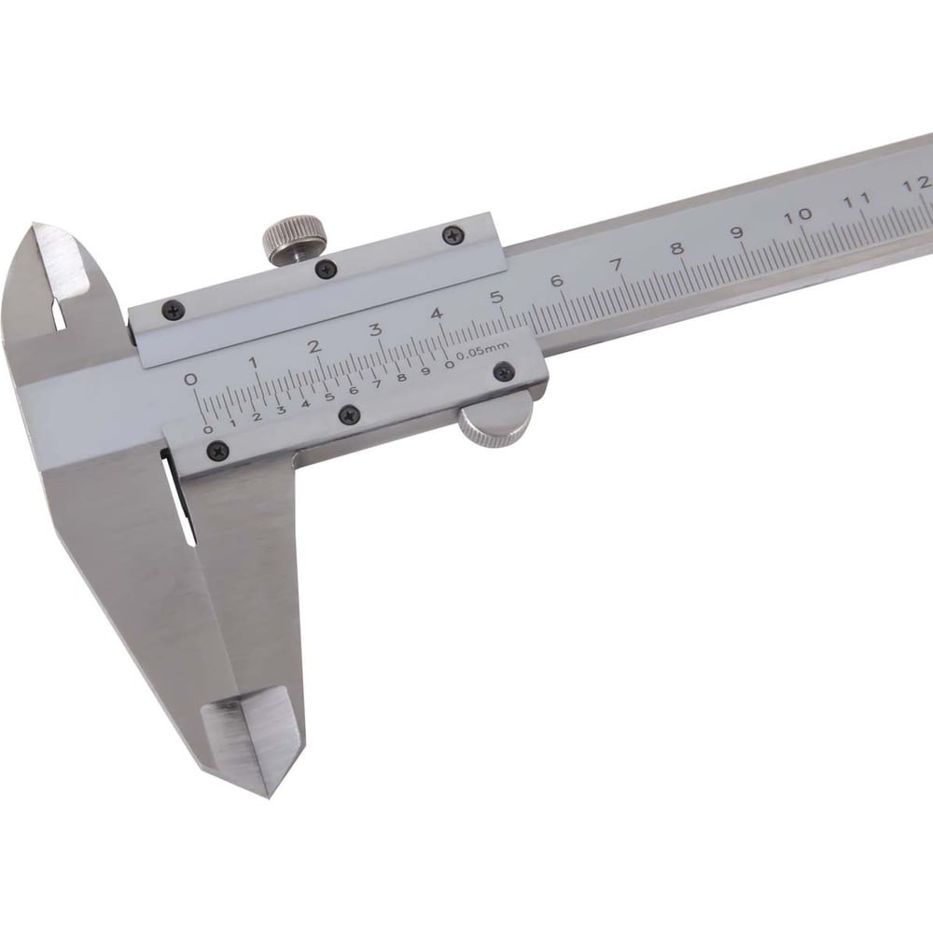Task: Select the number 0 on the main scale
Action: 190,379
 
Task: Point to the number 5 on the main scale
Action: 497,297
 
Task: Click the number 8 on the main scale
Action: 676,248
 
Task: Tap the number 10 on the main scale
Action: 798,216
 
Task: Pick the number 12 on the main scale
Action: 917,184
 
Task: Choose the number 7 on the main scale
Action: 617,264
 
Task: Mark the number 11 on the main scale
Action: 857,200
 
